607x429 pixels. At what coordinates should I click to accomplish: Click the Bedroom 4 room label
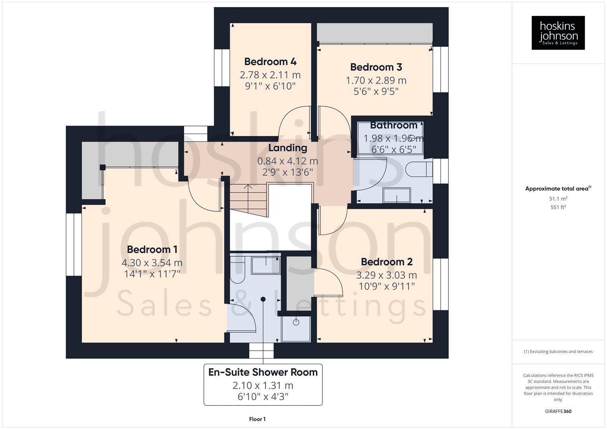[270, 62]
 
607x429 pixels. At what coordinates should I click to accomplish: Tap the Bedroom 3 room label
[376, 67]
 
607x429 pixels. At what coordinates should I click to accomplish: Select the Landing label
[287, 148]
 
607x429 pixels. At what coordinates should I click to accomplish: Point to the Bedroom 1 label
[152, 249]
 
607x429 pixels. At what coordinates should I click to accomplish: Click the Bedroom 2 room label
[387, 262]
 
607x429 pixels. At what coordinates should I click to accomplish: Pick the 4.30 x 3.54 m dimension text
[152, 263]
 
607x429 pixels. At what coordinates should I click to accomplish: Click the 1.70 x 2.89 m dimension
[376, 80]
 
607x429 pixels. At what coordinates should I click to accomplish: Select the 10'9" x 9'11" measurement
[387, 286]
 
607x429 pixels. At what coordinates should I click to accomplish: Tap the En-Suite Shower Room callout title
[263, 373]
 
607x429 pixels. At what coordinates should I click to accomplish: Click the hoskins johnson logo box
[558, 33]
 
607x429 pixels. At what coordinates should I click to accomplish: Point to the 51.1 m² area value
[558, 199]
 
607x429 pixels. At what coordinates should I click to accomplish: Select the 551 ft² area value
[558, 207]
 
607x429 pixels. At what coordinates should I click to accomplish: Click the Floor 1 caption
[257, 419]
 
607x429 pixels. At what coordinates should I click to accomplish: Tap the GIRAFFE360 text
[558, 412]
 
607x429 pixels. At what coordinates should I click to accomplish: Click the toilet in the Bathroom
[419, 169]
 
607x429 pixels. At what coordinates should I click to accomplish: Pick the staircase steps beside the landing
[248, 201]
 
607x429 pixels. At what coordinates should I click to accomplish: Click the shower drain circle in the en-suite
[296, 322]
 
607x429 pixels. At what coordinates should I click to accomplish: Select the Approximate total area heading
[558, 189]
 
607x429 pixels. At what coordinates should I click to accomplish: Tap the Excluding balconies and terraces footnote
[558, 352]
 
